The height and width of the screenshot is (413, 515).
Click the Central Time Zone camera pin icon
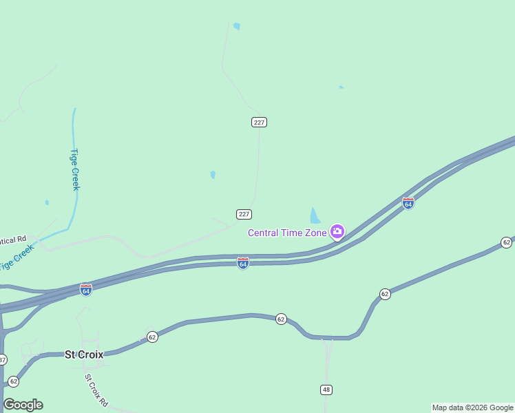[x=337, y=231]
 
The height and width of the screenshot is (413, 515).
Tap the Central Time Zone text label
[x=287, y=233]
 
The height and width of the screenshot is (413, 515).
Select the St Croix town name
[x=84, y=354]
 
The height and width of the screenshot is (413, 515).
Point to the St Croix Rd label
[x=97, y=389]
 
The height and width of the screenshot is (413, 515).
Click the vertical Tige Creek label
[x=74, y=169]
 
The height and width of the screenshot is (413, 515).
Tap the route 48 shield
[x=326, y=390]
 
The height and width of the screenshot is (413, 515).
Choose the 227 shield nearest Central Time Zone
[x=244, y=214]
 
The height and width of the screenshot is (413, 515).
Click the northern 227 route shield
[x=259, y=122]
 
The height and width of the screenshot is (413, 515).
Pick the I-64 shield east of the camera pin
[x=408, y=203]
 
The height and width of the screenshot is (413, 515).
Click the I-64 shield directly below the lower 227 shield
[x=243, y=263]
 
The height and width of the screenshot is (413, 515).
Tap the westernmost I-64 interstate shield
[x=86, y=290]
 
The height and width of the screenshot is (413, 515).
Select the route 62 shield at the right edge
[x=507, y=242]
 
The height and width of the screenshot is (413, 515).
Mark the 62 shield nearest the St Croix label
[x=152, y=337]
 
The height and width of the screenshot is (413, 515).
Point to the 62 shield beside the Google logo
[x=13, y=381]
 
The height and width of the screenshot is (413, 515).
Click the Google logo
[x=23, y=405]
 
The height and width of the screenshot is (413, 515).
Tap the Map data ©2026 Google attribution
[x=472, y=407]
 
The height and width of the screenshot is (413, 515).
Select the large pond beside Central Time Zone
[x=315, y=216]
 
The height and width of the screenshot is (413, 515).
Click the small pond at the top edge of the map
[x=237, y=26]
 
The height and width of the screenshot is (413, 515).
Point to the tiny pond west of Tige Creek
[x=47, y=202]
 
